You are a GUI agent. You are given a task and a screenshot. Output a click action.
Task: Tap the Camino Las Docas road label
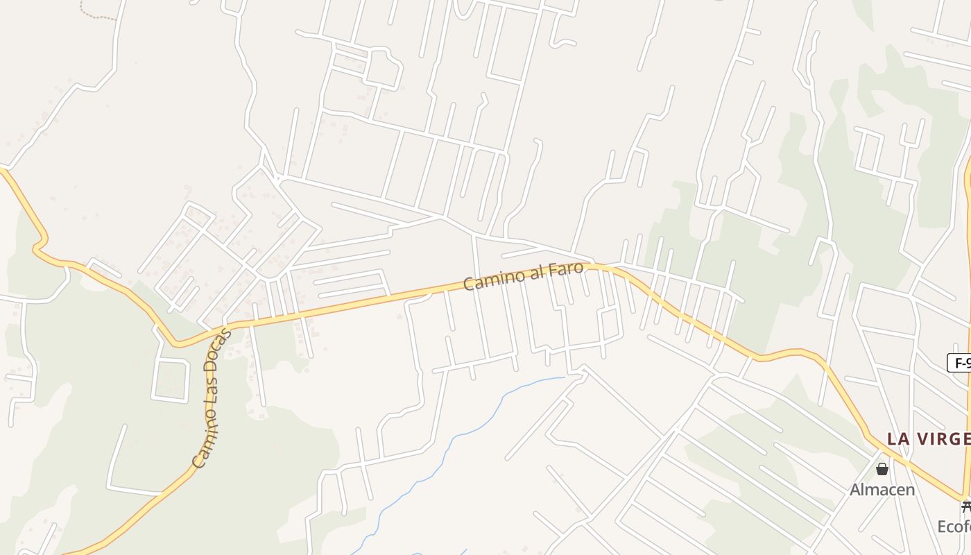point(211,398)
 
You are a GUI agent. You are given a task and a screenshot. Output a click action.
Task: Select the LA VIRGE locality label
point(928,439)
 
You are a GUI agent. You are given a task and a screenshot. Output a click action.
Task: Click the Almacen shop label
point(882,490)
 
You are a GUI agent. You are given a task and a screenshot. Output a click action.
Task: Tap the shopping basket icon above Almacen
point(882,470)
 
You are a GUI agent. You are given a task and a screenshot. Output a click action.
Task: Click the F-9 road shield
point(960,362)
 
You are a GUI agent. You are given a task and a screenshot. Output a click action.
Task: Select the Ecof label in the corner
point(954,527)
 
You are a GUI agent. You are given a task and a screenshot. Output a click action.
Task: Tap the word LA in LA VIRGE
point(899,439)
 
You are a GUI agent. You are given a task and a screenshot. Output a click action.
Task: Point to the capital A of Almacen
point(856,490)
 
